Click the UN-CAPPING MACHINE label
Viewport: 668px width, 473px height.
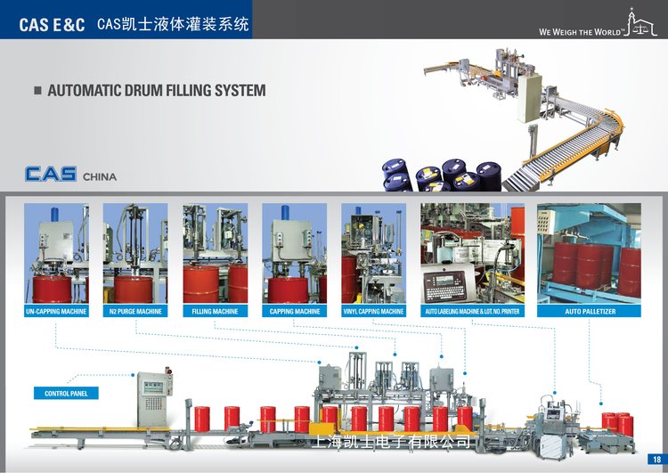[x=55, y=312]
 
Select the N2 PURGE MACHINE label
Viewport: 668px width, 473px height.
[x=135, y=312]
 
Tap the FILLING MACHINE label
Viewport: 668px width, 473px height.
[x=215, y=312]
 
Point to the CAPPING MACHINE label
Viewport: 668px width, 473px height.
[x=294, y=312]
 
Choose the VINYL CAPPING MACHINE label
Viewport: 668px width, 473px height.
[x=373, y=312]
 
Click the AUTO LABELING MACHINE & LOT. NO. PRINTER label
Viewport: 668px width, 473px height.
[x=472, y=312]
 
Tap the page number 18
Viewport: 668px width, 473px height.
[x=656, y=460]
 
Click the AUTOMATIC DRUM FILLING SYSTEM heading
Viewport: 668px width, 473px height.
[x=156, y=91]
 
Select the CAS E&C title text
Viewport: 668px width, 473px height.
[x=52, y=25]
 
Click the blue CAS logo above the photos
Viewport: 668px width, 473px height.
[x=51, y=174]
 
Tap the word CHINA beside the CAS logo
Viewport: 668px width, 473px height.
[x=100, y=176]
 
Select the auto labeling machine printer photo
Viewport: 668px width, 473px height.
[x=472, y=253]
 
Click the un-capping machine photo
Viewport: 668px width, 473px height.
[x=55, y=253]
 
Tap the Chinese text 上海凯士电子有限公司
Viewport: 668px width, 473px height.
[x=389, y=442]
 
